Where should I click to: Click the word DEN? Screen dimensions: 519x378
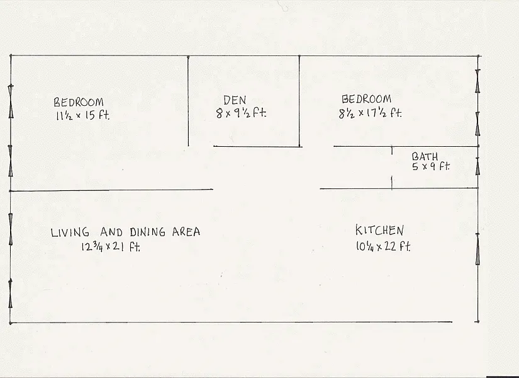(x=235, y=100)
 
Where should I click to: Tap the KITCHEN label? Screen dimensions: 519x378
(x=379, y=231)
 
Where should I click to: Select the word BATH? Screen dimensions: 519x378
(x=425, y=156)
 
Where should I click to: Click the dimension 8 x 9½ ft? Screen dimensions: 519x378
(x=241, y=113)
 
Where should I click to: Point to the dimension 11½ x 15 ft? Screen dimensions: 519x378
(x=86, y=115)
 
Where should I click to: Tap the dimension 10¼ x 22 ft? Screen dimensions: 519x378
(x=382, y=246)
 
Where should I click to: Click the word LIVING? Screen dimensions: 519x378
(x=70, y=232)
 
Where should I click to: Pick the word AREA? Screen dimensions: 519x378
(x=186, y=232)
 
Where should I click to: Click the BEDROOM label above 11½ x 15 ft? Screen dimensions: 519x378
(x=79, y=102)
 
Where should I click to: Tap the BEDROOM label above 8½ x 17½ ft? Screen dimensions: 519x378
(x=366, y=99)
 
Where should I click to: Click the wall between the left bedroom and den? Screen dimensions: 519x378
(x=188, y=101)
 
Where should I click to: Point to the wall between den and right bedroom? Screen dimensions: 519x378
(x=299, y=101)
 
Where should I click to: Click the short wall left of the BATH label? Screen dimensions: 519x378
(x=392, y=168)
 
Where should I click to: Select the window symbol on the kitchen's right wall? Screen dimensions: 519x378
(x=478, y=249)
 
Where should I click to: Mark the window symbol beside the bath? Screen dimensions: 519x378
(x=478, y=166)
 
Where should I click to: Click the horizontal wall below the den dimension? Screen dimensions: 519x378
(x=258, y=147)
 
